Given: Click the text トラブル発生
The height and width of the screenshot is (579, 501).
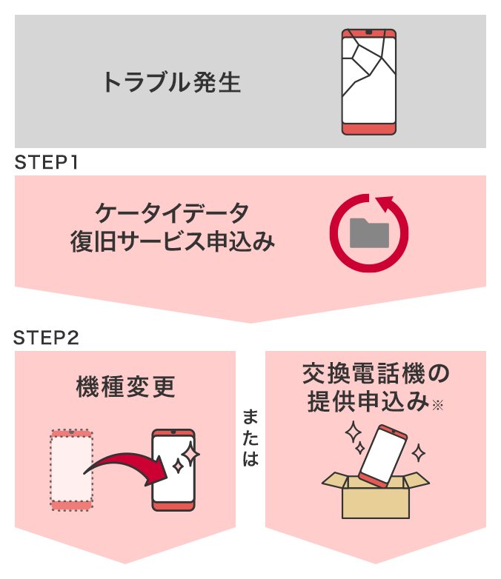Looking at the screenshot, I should pyautogui.click(x=171, y=82).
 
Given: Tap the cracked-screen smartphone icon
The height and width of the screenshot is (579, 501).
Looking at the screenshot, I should pyautogui.click(x=368, y=81).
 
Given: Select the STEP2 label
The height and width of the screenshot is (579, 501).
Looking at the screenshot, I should pyautogui.click(x=46, y=338).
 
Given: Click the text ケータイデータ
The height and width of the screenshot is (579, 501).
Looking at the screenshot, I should pyautogui.click(x=172, y=212).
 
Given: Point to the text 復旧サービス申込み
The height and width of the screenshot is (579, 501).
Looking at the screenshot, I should pyautogui.click(x=172, y=241).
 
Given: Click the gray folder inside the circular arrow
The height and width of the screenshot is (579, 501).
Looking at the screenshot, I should pyautogui.click(x=368, y=233).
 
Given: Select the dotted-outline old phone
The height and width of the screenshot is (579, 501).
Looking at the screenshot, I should pyautogui.click(x=71, y=469).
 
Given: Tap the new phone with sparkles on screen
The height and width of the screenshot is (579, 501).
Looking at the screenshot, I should pyautogui.click(x=173, y=469).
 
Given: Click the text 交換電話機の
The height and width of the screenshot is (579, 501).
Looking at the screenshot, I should pyautogui.click(x=376, y=372).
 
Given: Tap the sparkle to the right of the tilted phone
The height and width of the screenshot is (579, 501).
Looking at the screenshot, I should pyautogui.click(x=419, y=452).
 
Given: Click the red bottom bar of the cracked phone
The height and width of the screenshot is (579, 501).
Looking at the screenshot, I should pyautogui.click(x=368, y=128).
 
